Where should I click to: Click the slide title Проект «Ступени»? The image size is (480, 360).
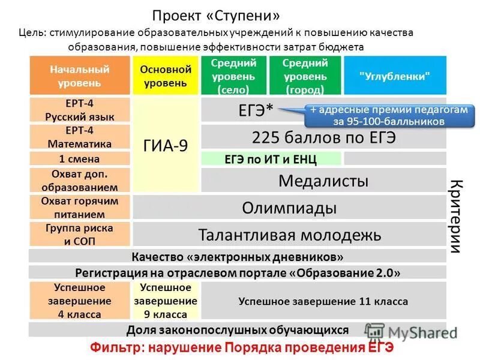pos(215,14)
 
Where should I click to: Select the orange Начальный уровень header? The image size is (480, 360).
pos(80,76)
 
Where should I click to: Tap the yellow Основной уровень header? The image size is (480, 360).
pos(166,76)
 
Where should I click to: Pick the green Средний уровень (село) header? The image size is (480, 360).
pos(233,76)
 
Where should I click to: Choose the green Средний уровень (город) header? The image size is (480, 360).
pos(304,76)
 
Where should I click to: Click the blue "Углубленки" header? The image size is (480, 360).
pos(395,76)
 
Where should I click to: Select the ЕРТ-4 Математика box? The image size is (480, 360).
pos(80,137)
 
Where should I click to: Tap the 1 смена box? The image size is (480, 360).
pos(80,159)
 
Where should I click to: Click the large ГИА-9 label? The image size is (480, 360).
pos(166,145)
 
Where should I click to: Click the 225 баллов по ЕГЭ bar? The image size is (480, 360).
pos(323,137)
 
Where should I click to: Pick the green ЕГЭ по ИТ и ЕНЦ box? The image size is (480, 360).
pos(271,159)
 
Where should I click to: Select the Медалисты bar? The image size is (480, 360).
pos(323,180)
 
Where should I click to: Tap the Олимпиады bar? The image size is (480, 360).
pos(289,208)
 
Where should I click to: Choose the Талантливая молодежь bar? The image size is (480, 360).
pos(289,235)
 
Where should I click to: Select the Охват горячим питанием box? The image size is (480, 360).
pos(80,208)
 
